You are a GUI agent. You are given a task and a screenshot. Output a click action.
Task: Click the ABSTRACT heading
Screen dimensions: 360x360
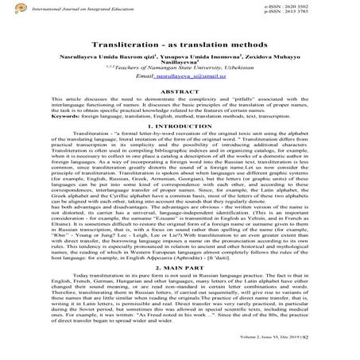[x=181, y=101]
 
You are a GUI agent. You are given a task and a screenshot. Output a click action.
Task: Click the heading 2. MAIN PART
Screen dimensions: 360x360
[x=180, y=267]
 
